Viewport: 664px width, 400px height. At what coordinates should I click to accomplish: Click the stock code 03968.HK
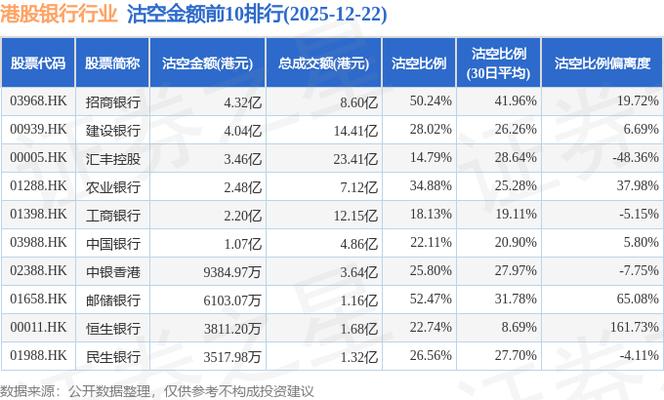[37, 100]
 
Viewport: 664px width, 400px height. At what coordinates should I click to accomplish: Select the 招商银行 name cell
[112, 100]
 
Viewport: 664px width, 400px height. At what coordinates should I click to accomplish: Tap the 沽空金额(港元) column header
[207, 63]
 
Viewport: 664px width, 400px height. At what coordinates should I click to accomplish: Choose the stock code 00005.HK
[37, 157]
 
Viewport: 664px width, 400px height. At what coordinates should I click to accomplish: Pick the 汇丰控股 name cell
[112, 157]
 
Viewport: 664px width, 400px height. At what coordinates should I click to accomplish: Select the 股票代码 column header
[38, 63]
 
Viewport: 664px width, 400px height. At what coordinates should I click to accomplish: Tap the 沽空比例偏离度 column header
[602, 63]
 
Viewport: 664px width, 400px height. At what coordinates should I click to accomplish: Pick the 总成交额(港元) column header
[322, 63]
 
